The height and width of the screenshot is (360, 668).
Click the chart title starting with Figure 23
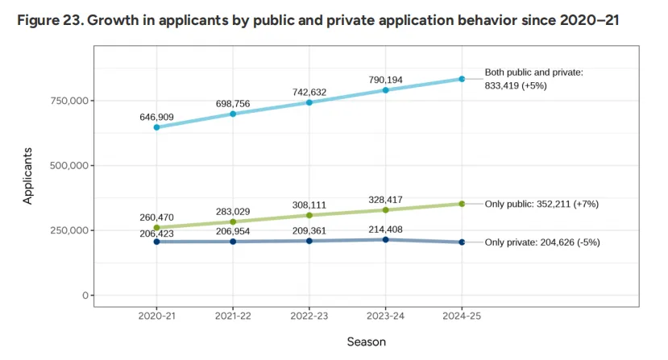click(317, 20)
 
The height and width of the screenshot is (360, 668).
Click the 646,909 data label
click(157, 117)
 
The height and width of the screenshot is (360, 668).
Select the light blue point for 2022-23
click(309, 102)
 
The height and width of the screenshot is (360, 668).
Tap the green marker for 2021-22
click(233, 221)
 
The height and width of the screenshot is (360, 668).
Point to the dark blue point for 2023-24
click(385, 240)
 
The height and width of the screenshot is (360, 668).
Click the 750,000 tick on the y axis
click(69, 101)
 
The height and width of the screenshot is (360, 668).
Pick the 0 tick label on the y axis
click(85, 296)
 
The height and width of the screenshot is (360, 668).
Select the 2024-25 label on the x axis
click(462, 317)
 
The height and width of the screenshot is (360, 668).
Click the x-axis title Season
click(367, 341)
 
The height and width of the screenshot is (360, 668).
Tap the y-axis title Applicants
click(27, 176)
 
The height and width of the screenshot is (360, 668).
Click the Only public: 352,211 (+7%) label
click(541, 204)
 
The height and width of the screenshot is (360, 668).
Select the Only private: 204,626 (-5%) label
click(542, 242)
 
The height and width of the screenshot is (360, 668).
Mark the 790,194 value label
click(385, 80)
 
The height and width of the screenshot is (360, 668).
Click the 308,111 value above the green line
click(309, 205)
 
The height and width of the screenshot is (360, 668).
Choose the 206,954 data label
click(233, 231)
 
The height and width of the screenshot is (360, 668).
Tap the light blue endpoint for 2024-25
click(462, 79)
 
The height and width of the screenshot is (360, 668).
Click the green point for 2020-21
click(157, 227)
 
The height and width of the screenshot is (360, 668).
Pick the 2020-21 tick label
click(157, 317)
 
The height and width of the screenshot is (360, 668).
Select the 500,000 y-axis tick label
click(69, 166)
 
